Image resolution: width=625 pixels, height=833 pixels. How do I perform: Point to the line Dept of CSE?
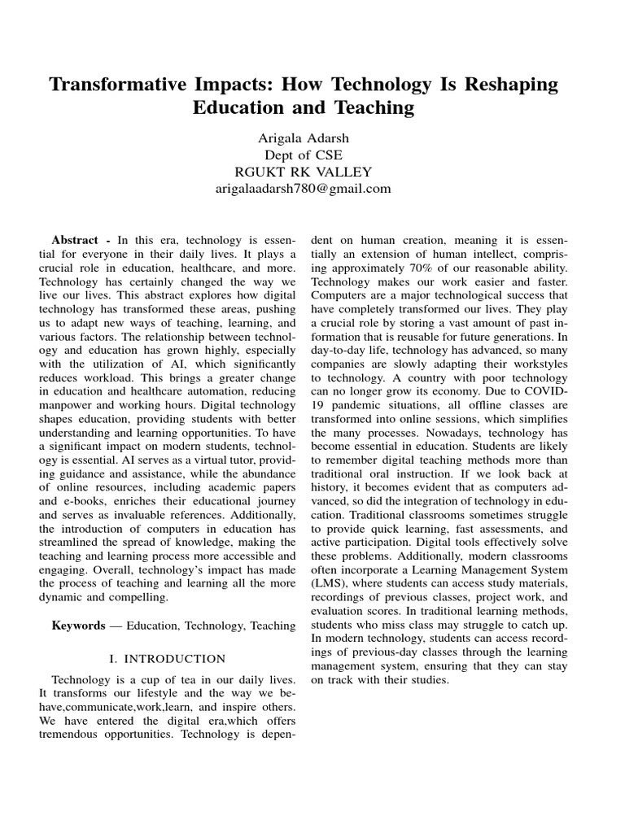pyautogui.click(x=312, y=154)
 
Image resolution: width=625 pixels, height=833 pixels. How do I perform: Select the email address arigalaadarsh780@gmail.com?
pyautogui.click(x=312, y=189)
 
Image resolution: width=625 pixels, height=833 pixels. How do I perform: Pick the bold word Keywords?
pyautogui.click(x=78, y=626)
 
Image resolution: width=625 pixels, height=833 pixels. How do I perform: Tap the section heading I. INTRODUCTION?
pyautogui.click(x=167, y=658)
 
